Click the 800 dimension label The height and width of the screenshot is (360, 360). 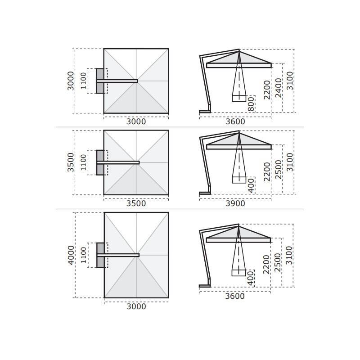click(x=252, y=104)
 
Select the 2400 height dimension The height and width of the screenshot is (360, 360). click(x=278, y=88)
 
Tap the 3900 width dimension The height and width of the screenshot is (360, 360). click(x=235, y=203)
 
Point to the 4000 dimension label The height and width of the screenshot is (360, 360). click(x=71, y=255)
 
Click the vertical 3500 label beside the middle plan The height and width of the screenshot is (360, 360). click(x=71, y=162)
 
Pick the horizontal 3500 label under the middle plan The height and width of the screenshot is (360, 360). click(x=136, y=203)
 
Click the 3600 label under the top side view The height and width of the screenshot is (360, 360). click(x=235, y=121)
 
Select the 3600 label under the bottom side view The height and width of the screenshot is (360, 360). click(x=234, y=296)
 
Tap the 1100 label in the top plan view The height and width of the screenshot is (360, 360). click(x=83, y=81)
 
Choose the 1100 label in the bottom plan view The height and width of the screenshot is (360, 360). click(x=83, y=255)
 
